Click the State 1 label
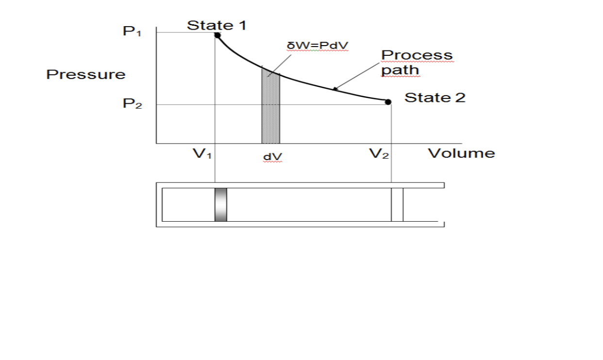[x=217, y=25]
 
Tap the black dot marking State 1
[x=218, y=35]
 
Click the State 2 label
[x=435, y=98]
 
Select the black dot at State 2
[x=388, y=101]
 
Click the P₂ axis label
[x=132, y=105]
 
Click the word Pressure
[x=86, y=74]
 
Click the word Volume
[x=461, y=153]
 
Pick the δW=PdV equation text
[x=318, y=46]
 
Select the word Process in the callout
[x=417, y=55]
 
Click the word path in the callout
[x=400, y=70]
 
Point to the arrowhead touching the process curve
[x=335, y=89]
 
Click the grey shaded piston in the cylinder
[x=221, y=204]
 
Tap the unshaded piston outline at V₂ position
[x=397, y=204]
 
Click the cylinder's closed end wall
[x=159, y=204]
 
